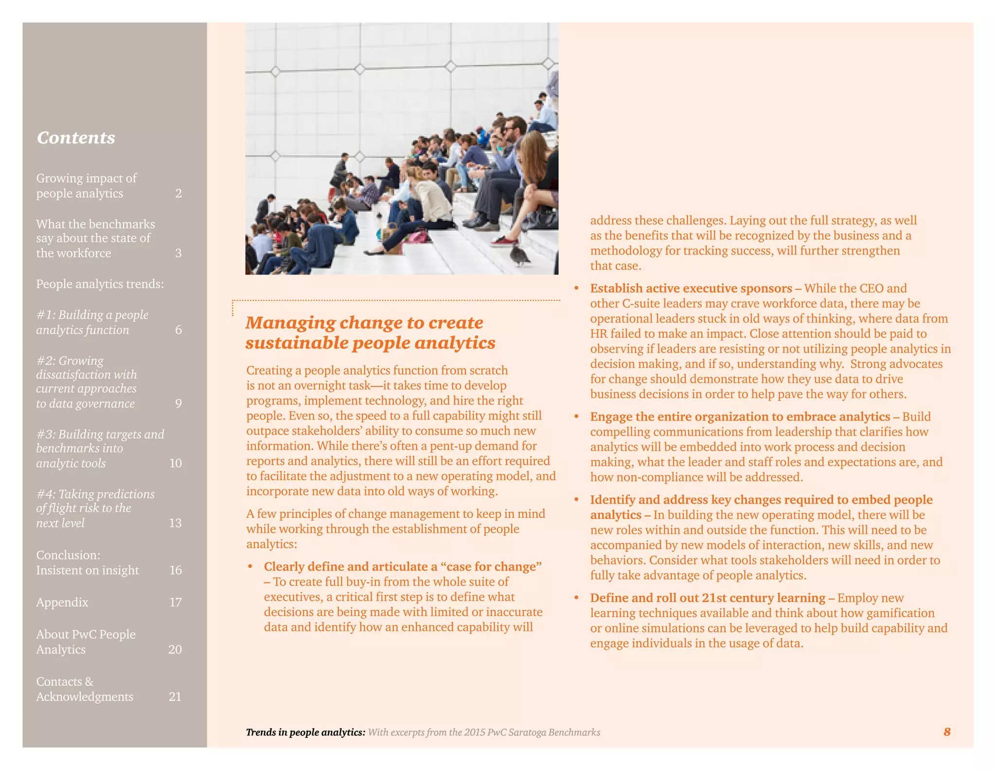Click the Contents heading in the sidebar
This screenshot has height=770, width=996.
[76, 138]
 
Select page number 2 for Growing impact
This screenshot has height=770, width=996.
[178, 194]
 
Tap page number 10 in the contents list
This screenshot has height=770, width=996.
[176, 463]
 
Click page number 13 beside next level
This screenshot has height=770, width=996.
[175, 523]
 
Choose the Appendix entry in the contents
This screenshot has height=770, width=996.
[62, 603]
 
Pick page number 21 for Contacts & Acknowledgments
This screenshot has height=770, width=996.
[175, 697]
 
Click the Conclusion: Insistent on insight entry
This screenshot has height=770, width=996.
[88, 563]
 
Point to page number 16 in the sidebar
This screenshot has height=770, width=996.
[176, 570]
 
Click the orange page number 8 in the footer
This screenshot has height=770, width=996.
[947, 732]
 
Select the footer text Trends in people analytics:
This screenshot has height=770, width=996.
[305, 733]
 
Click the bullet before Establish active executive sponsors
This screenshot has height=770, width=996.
[576, 289]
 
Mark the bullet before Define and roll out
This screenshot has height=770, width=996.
[576, 598]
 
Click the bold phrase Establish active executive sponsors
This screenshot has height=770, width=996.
[691, 289]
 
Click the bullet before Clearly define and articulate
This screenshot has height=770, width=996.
[250, 567]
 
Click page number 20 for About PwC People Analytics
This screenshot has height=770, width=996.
[175, 650]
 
